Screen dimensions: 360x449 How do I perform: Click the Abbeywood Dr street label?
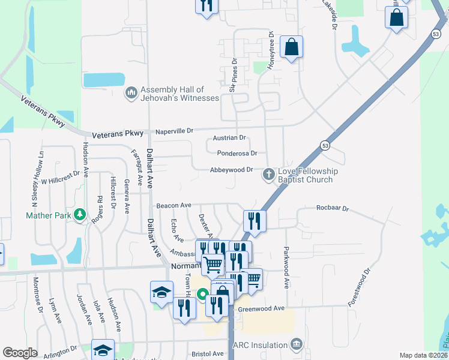coord(231,170)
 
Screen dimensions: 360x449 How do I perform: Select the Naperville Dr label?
coord(175,130)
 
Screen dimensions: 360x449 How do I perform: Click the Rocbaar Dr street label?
coord(333,208)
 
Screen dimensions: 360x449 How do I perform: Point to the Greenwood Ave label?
coord(261,308)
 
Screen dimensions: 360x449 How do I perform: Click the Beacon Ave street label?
coord(173,205)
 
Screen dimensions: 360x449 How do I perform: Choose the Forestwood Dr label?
coord(363,287)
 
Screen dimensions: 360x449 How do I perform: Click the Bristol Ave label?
coord(208,355)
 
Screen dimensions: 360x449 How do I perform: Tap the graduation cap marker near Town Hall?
coord(161,292)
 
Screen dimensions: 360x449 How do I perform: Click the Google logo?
coord(20,353)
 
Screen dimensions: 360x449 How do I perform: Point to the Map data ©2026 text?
coord(423,355)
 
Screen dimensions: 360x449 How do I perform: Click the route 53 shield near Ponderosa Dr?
coord(325,146)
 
